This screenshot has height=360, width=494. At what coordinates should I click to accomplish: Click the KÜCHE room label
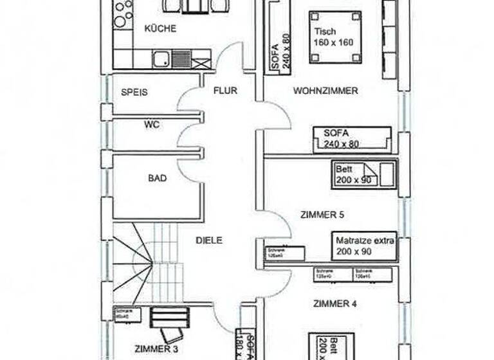tap(160, 29)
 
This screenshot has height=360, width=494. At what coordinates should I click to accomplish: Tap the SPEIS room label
tap(134, 93)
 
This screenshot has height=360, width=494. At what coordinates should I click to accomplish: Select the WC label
tap(152, 125)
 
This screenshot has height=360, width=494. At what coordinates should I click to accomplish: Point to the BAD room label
tap(157, 178)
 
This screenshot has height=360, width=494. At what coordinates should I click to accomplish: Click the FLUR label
tap(225, 91)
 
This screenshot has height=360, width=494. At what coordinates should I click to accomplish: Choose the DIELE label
tap(209, 240)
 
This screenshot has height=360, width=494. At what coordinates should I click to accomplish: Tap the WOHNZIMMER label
tap(325, 91)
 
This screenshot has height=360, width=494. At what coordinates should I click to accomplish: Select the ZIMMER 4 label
tap(335, 303)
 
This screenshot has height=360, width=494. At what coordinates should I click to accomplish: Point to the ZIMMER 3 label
tap(156, 349)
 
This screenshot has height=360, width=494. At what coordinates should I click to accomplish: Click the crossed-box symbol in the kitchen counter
tap(201, 62)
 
